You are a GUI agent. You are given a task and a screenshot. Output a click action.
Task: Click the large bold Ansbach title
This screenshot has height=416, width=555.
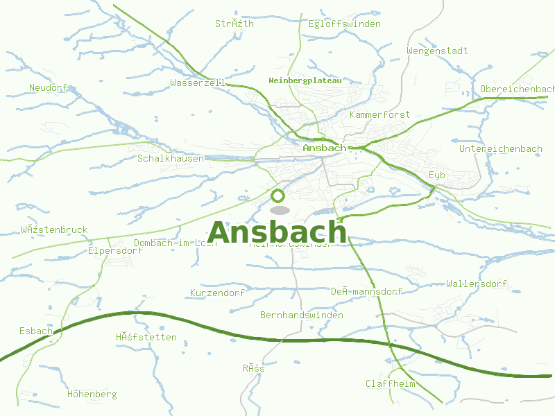[277, 232]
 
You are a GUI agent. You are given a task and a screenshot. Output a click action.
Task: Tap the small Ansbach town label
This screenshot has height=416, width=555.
[324, 148]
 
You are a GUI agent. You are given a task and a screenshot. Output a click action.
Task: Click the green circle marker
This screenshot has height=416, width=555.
[278, 196]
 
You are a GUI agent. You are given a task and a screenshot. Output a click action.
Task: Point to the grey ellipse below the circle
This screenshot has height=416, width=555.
[279, 209]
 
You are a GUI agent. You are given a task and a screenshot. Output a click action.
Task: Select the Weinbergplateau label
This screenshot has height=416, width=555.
[305, 80]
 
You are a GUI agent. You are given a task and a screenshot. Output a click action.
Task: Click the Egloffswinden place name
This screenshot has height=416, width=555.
[345, 24]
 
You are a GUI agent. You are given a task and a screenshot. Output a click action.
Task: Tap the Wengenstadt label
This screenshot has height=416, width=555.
[437, 51]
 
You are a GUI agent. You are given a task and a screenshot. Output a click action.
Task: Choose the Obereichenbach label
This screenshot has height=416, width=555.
[517, 89]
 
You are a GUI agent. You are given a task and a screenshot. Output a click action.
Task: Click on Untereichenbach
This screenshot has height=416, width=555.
[500, 149]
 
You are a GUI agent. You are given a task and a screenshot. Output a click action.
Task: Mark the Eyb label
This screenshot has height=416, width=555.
[436, 175]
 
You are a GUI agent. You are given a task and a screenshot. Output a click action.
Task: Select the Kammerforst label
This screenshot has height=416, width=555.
[380, 114]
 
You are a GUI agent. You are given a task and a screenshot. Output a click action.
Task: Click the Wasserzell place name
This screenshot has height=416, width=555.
[198, 83]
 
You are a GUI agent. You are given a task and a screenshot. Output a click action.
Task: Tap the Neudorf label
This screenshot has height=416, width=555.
[48, 87]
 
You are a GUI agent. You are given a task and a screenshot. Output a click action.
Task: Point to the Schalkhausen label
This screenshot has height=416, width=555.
[171, 159]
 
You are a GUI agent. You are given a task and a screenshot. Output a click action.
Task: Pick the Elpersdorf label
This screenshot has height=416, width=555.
[115, 251]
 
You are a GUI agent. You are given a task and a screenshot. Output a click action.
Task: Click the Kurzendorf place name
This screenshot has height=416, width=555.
[217, 293]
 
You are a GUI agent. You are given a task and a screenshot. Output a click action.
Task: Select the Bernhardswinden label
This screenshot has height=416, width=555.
[301, 315]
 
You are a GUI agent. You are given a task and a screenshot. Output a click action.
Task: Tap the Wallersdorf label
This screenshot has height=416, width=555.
[477, 284]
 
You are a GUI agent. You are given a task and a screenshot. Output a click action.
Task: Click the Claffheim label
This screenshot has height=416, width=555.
[390, 383]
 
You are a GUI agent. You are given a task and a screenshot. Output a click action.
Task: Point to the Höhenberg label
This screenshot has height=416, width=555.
[92, 394]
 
